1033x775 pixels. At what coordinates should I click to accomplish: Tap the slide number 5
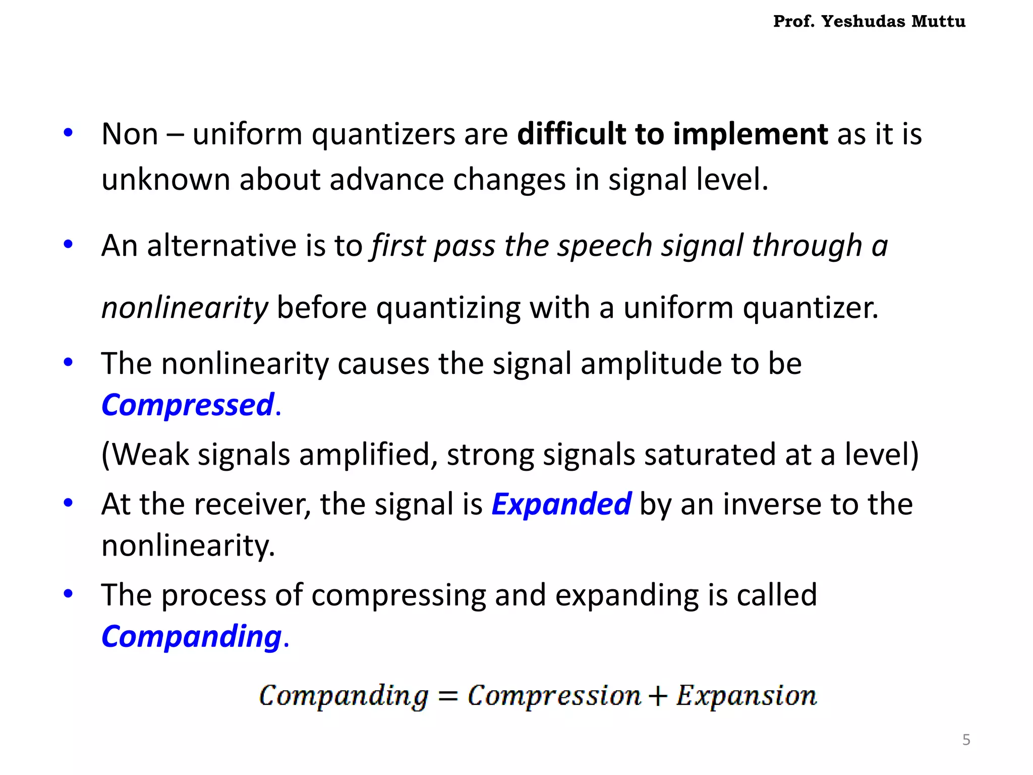pyautogui.click(x=966, y=740)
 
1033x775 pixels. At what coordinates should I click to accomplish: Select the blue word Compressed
pyautogui.click(x=188, y=405)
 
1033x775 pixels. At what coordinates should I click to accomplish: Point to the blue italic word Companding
pyautogui.click(x=191, y=636)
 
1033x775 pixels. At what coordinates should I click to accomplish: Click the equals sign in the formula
pyautogui.click(x=447, y=697)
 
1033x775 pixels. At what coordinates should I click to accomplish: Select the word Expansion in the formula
pyautogui.click(x=746, y=696)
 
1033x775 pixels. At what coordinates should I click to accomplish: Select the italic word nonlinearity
pyautogui.click(x=185, y=308)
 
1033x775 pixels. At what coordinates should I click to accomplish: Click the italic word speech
pyautogui.click(x=604, y=246)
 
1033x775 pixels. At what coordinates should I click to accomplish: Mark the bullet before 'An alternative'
pyautogui.click(x=68, y=245)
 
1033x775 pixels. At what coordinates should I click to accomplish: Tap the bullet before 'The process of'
pyautogui.click(x=68, y=593)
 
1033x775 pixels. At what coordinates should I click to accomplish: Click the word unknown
pyautogui.click(x=165, y=180)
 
